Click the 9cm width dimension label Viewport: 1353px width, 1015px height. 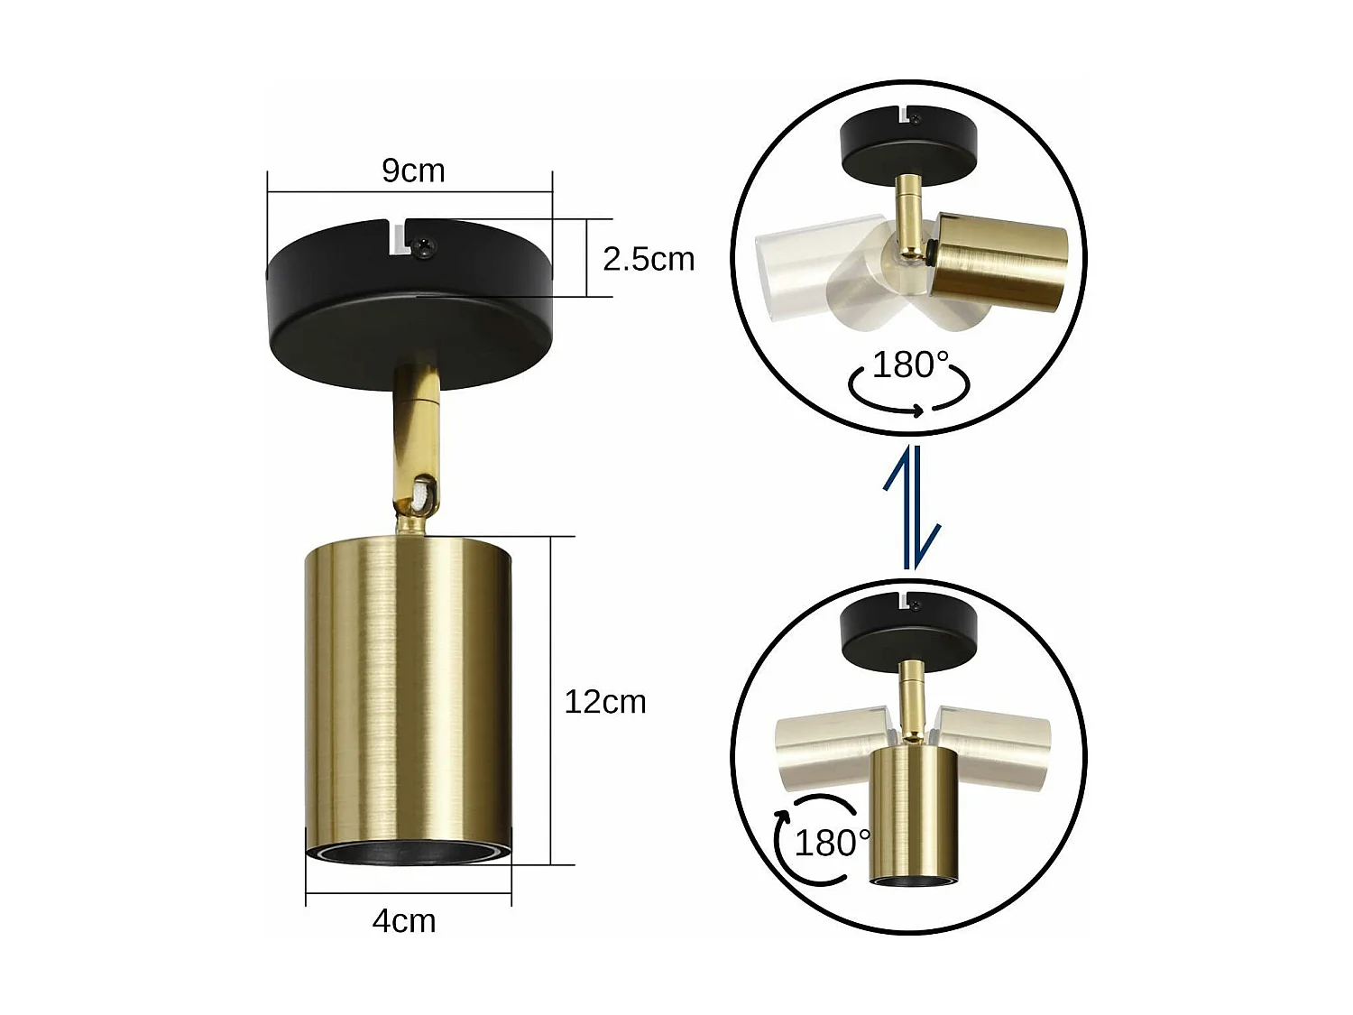(x=413, y=171)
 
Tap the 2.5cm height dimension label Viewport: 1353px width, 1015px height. (x=649, y=259)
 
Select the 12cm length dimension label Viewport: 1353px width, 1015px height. (x=605, y=702)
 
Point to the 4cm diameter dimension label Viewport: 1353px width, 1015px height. (x=404, y=921)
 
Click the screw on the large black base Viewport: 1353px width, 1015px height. (x=427, y=244)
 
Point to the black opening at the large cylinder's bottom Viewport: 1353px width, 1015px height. (x=409, y=854)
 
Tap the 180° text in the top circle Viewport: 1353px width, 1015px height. (x=911, y=365)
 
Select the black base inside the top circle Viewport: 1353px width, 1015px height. (x=908, y=144)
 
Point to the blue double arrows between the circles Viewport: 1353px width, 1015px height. (x=912, y=508)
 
